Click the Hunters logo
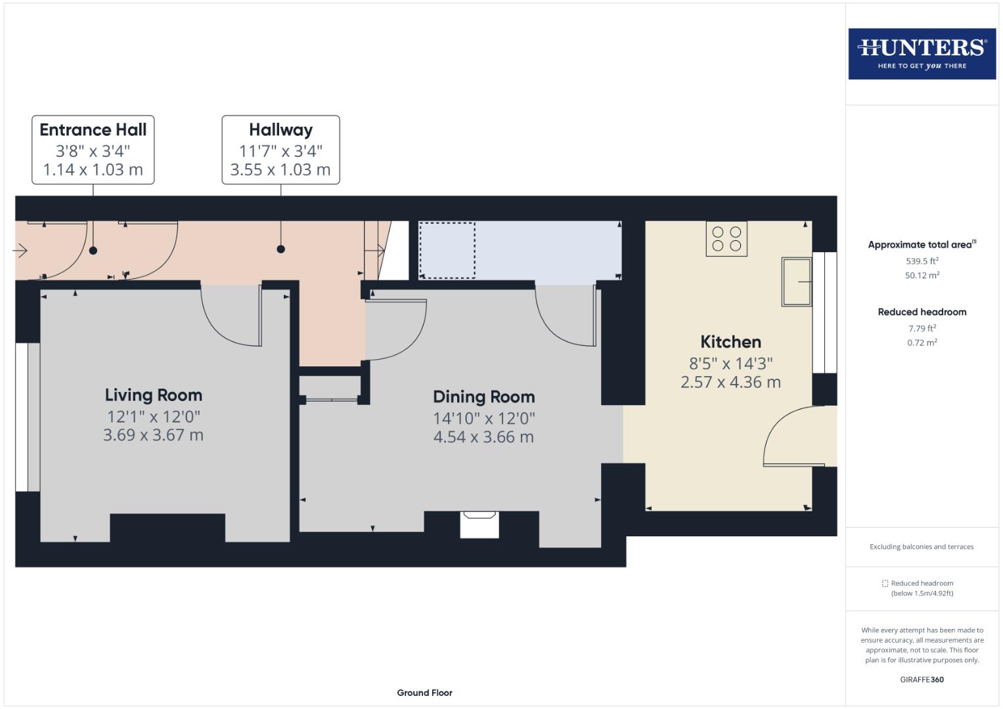[922, 53]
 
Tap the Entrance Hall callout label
[93, 150]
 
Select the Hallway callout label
[280, 150]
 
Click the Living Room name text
[153, 395]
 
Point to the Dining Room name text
[483, 397]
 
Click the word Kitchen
[730, 342]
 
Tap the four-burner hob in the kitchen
[726, 239]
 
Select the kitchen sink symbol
[796, 282]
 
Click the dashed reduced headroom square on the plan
[447, 250]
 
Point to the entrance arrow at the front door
[20, 250]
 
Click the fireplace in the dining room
[479, 524]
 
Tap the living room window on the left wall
[22, 417]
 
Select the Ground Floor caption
[424, 693]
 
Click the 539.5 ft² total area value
[922, 261]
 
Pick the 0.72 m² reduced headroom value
[922, 343]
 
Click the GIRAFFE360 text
[922, 679]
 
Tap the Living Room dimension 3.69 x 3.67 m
[153, 435]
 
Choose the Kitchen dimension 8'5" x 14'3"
[730, 363]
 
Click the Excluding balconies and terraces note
[922, 546]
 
